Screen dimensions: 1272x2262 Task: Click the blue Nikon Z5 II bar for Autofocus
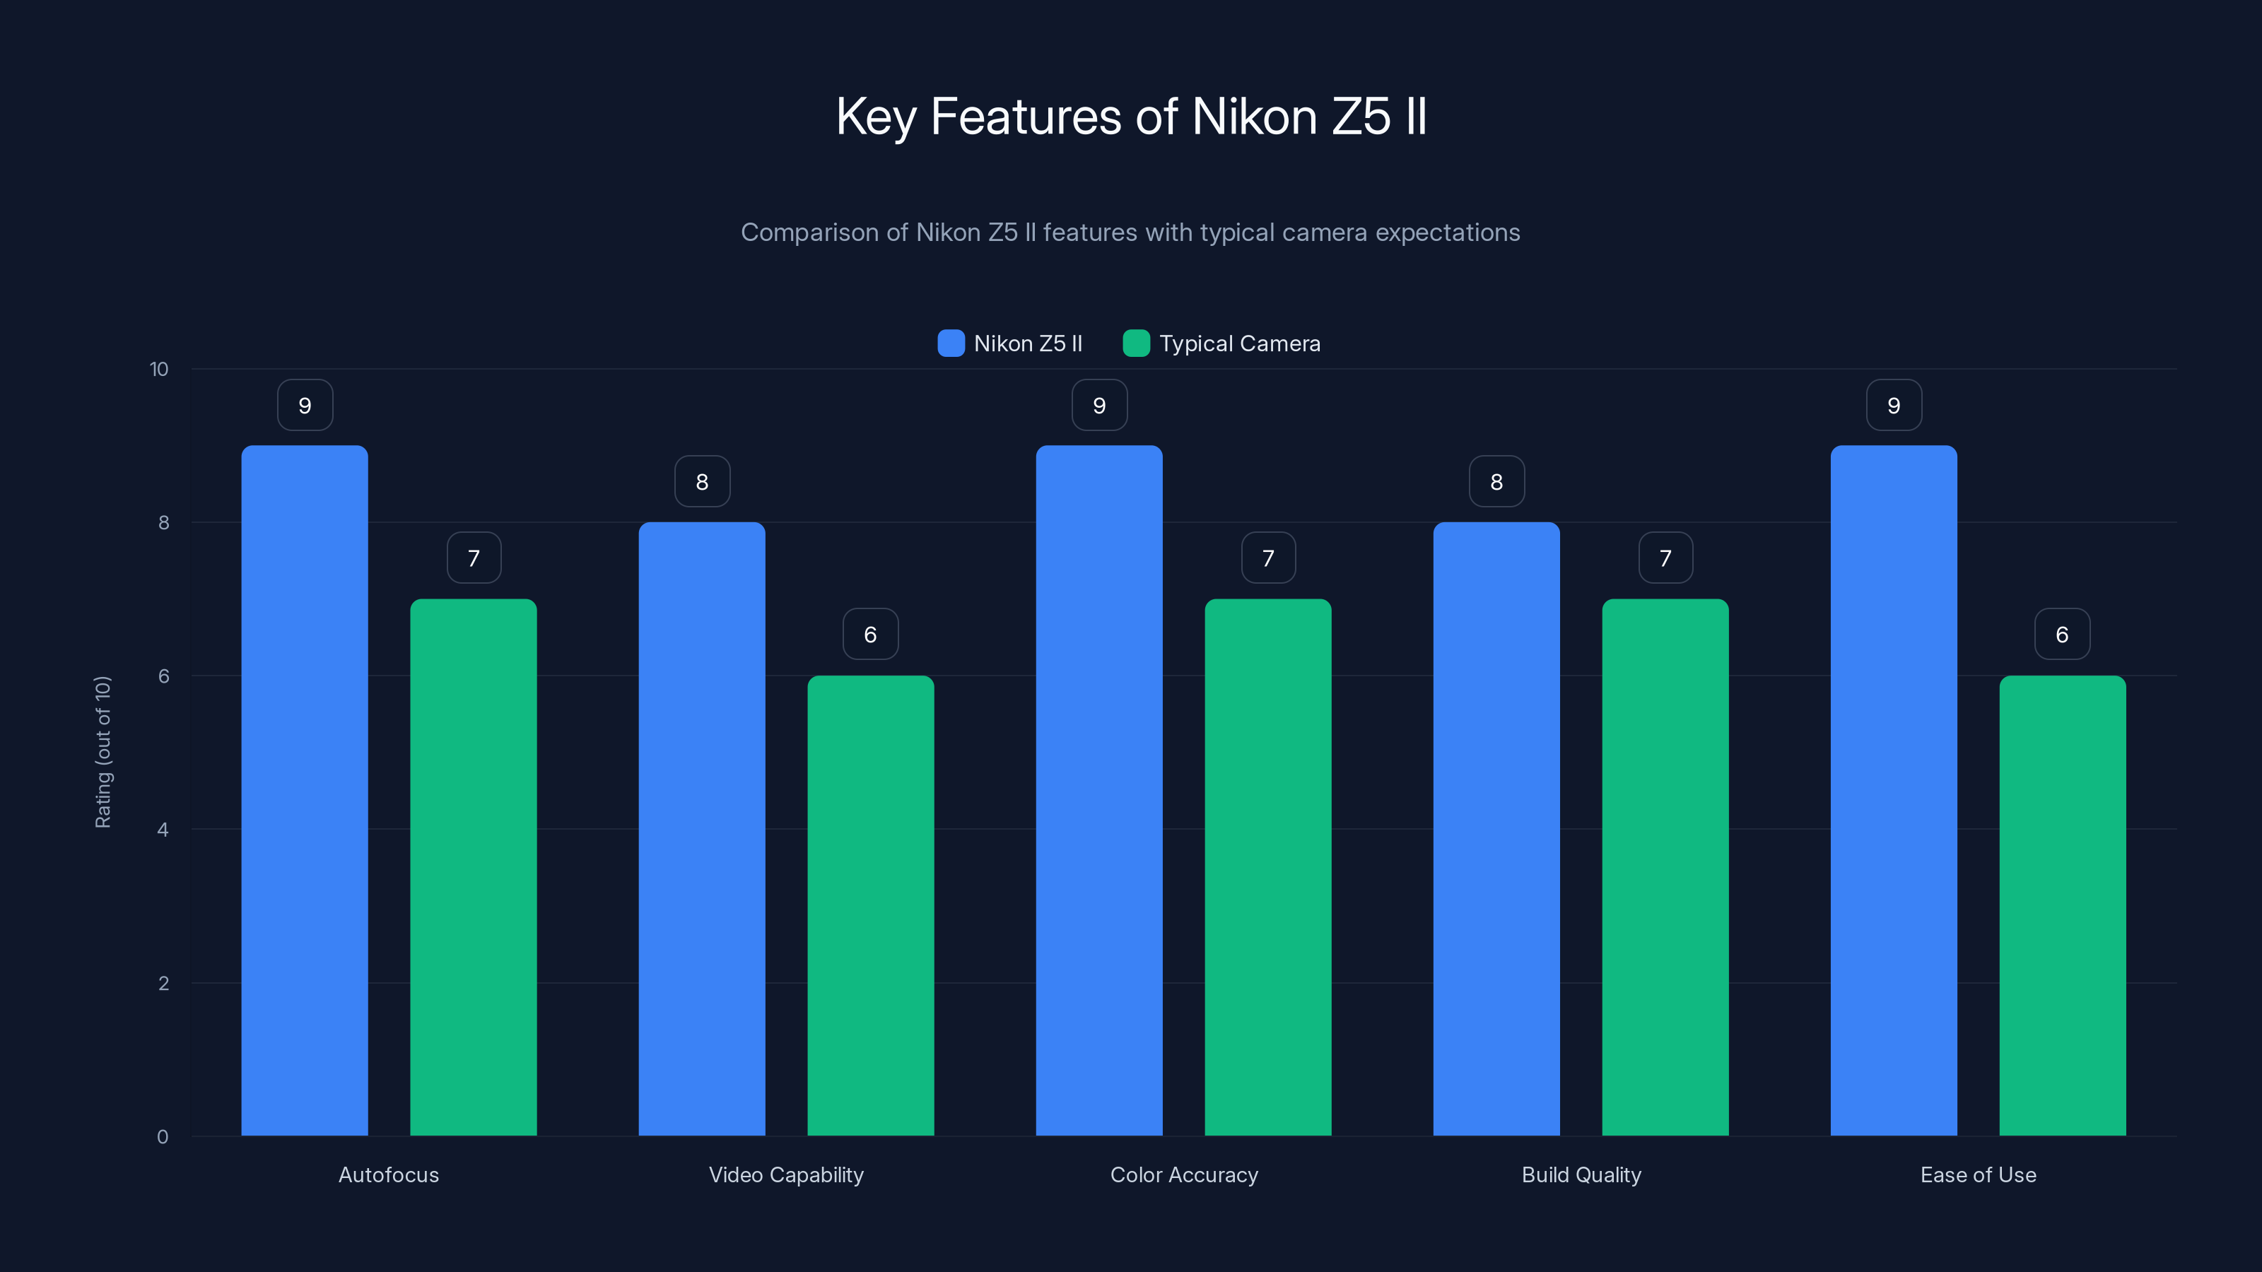[305, 790]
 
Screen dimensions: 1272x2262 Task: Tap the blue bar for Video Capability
[702, 829]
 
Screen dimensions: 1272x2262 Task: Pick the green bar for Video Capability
[870, 905]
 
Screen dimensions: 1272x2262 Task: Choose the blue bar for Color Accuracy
[1098, 790]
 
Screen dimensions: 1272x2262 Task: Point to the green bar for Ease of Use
[2062, 905]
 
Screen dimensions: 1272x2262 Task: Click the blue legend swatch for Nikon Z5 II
[951, 343]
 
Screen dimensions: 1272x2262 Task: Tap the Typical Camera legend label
[1239, 343]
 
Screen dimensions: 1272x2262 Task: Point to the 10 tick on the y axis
[159, 370]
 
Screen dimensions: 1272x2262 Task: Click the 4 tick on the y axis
[163, 830]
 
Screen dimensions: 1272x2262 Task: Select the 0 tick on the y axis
[163, 1137]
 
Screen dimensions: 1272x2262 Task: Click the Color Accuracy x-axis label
[1184, 1174]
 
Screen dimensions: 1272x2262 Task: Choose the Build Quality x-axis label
[1581, 1174]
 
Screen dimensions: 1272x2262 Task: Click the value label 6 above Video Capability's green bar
[870, 634]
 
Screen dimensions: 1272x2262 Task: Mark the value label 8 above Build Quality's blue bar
[1496, 481]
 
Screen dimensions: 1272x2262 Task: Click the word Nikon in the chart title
[1254, 117]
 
